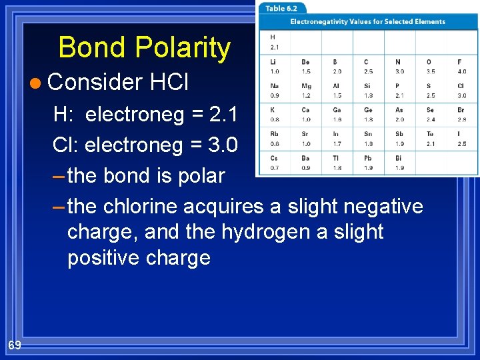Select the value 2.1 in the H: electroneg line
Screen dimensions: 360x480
[x=223, y=115]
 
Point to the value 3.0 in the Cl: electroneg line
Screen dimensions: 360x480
[x=223, y=144]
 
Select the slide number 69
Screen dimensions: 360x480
[x=15, y=345]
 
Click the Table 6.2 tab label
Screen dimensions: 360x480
[x=282, y=9]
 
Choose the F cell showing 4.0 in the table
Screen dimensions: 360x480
[x=462, y=67]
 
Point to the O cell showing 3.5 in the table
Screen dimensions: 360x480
[x=431, y=67]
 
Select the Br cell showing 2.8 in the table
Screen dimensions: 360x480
[x=462, y=115]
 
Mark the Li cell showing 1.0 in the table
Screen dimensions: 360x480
[x=275, y=67]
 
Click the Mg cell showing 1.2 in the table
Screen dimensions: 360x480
[x=306, y=91]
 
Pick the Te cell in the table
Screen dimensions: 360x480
[x=431, y=139]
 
